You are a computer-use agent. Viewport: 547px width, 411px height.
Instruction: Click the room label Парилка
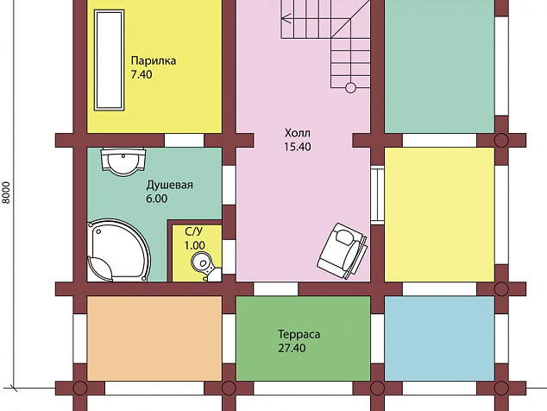click(154, 61)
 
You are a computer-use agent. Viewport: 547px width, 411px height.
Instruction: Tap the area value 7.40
click(141, 75)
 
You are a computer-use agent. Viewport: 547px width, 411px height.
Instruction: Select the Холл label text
click(297, 133)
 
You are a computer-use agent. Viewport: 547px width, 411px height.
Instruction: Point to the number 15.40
click(297, 147)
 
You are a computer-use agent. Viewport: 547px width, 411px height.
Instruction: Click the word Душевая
click(170, 185)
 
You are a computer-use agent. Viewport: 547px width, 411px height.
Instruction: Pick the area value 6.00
click(157, 199)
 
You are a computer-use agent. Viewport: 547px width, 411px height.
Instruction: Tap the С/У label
click(194, 232)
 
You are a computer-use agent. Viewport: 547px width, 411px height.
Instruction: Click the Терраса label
click(299, 334)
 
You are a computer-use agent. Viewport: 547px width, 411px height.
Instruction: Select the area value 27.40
click(292, 348)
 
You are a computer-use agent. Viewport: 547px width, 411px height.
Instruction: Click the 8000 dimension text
click(7, 193)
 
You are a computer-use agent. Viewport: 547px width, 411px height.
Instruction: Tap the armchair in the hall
click(343, 250)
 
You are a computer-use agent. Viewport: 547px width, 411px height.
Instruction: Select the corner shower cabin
click(118, 250)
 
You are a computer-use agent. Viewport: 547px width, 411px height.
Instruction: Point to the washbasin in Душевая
click(123, 161)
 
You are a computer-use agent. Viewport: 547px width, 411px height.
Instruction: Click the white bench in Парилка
click(110, 60)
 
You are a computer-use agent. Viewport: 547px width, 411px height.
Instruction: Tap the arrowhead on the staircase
click(286, 18)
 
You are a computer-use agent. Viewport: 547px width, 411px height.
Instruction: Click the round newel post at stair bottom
click(350, 88)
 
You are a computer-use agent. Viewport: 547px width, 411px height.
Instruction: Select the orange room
click(154, 338)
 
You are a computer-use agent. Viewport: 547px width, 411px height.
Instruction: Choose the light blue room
click(439, 338)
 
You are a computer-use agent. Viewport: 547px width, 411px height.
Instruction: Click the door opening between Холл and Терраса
click(276, 289)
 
